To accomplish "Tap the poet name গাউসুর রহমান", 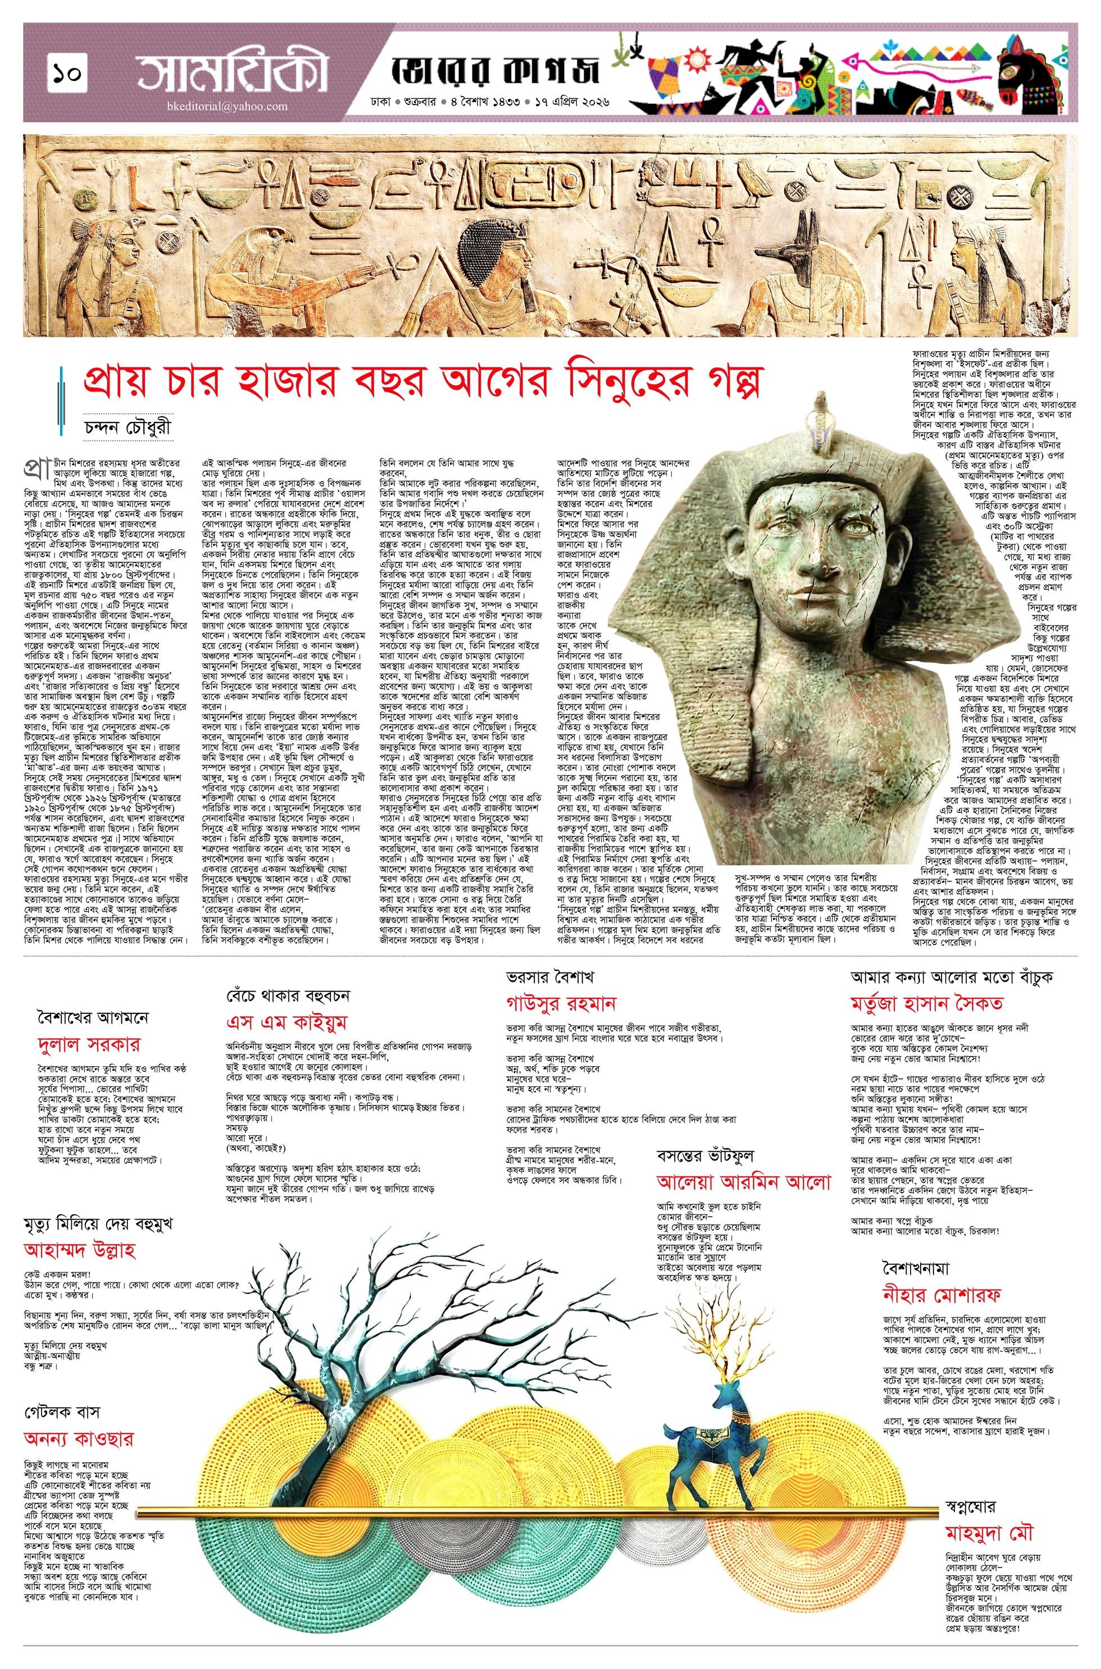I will pyautogui.click(x=561, y=1002).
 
